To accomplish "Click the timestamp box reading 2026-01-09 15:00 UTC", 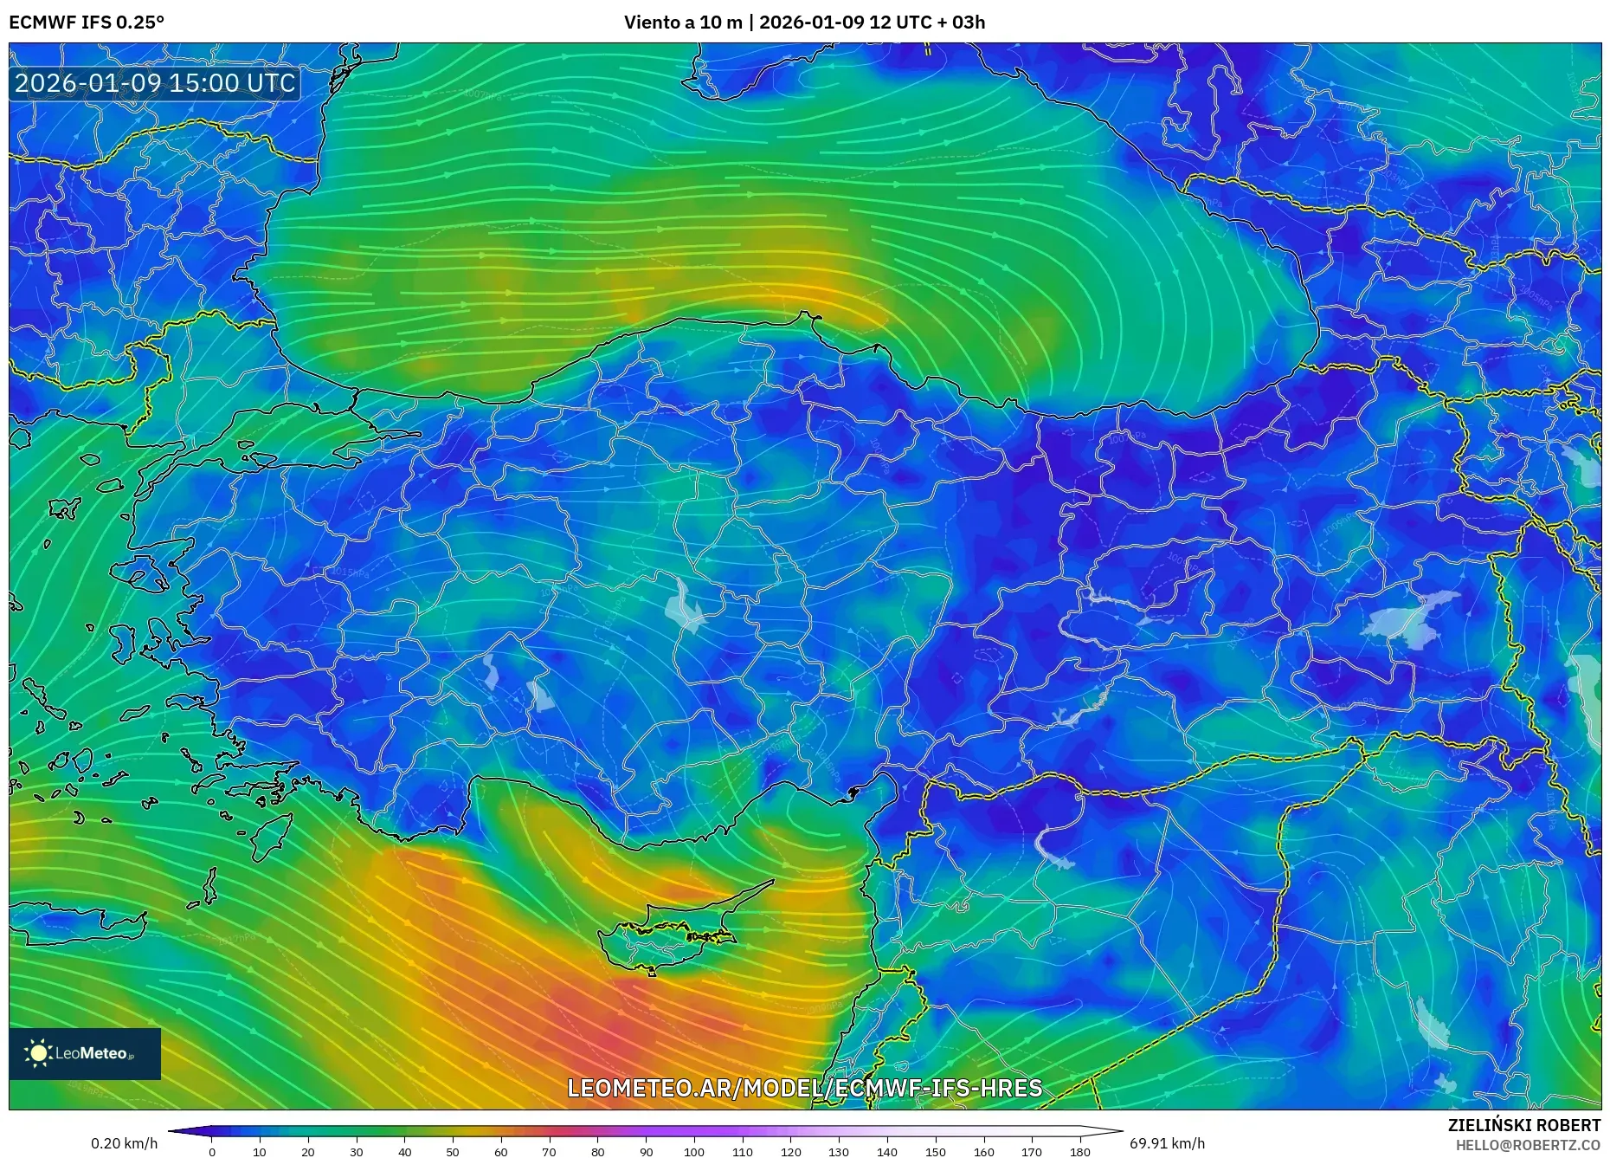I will [x=155, y=83].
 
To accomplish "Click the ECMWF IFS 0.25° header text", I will [x=87, y=23].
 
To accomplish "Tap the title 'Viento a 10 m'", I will [x=683, y=23].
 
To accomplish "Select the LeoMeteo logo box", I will [x=85, y=1053].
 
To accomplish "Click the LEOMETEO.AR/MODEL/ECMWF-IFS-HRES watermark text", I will [x=804, y=1088].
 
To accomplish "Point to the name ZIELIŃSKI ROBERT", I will [x=1523, y=1125].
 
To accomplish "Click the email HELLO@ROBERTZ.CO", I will [x=1527, y=1145].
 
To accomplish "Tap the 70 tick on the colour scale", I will [x=549, y=1151].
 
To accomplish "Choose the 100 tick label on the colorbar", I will [x=693, y=1151].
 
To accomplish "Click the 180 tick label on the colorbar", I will [x=1079, y=1151].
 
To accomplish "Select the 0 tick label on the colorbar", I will [x=212, y=1151].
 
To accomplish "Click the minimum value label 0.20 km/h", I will [x=124, y=1143].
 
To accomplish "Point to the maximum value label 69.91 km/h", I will [x=1167, y=1143].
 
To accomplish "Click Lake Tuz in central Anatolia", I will [x=686, y=606].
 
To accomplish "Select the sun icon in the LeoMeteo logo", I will [x=38, y=1053].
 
